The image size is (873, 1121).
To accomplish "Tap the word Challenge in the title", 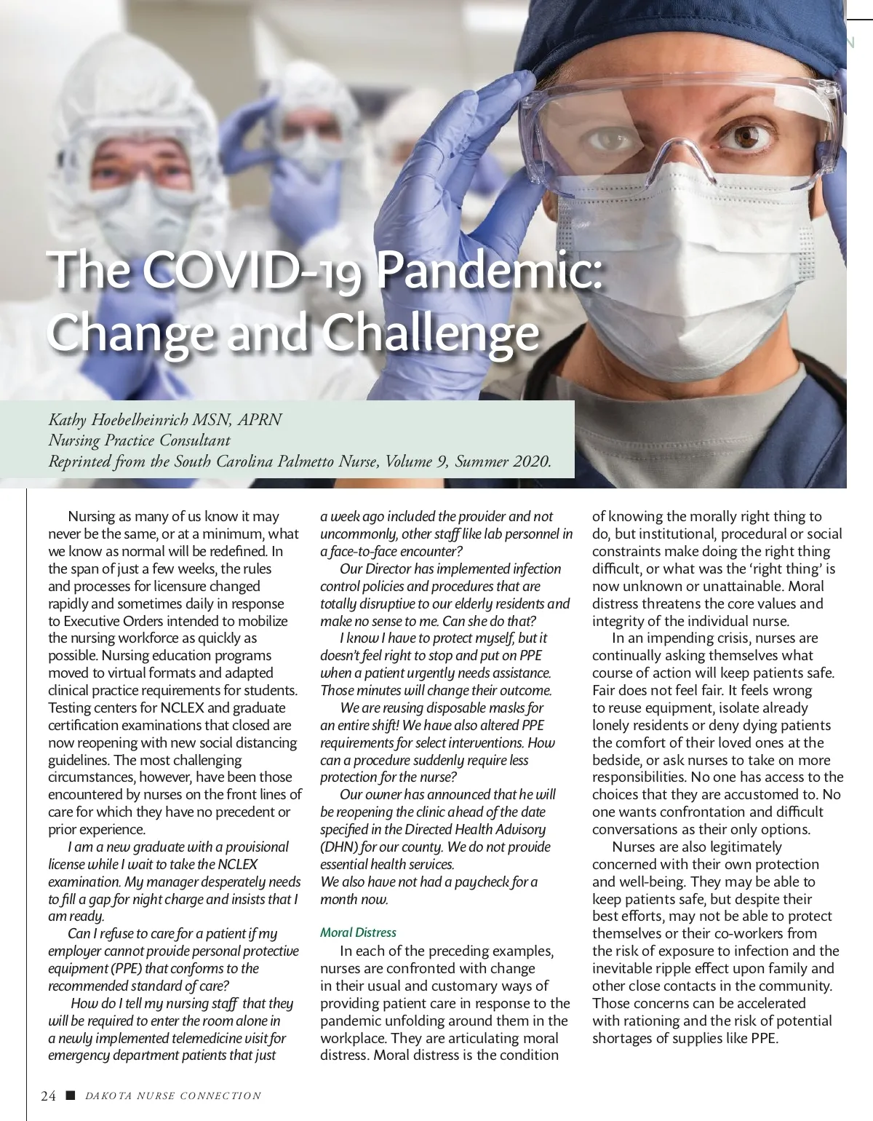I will click(x=430, y=333).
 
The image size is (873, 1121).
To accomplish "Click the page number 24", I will click(x=49, y=1096).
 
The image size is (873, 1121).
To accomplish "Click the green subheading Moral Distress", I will click(x=358, y=932).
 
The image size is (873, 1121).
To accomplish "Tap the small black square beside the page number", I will click(x=70, y=1096).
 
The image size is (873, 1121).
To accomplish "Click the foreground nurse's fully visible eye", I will click(x=747, y=135).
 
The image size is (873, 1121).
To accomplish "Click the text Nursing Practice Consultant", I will click(x=139, y=440).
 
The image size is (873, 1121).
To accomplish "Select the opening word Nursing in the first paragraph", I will click(x=91, y=517).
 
